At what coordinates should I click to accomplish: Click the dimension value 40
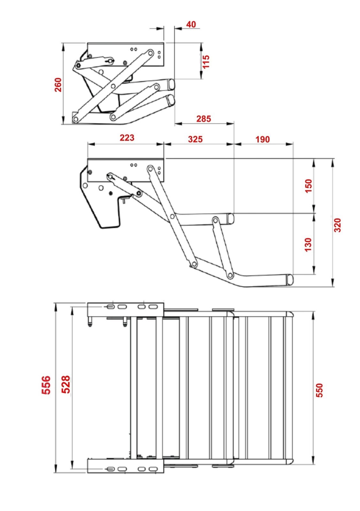coord(191,24)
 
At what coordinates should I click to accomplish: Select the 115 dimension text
coord(206,61)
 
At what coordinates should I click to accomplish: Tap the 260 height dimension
coord(58,85)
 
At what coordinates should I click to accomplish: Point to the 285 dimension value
coord(204,119)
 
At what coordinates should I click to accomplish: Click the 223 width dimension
coord(127,138)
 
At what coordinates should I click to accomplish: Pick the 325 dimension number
coord(195,139)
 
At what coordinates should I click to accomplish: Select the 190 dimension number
coord(263,139)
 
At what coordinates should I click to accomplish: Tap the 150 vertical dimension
coord(308,186)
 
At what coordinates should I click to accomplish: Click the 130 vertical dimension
coord(308,245)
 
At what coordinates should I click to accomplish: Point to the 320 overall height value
coord(337,225)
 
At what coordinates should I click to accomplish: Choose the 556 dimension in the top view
coord(46,385)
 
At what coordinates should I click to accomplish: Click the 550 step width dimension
coord(319,390)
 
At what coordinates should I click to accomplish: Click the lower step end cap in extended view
coord(290,279)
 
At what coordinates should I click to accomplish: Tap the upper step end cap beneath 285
coord(231,219)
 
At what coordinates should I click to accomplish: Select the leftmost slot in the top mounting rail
coord(110,307)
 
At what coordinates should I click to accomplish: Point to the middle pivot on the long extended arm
coord(172,217)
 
